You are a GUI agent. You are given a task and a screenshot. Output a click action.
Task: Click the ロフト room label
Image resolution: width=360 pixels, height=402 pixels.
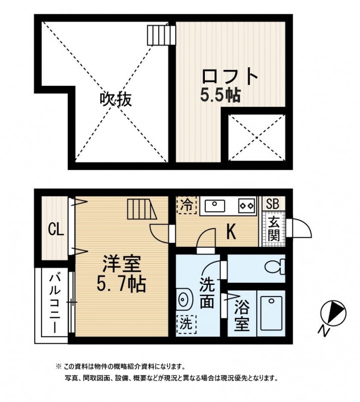pos(229,77)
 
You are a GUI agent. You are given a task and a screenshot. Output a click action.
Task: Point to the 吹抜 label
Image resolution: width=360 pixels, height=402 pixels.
pos(115,99)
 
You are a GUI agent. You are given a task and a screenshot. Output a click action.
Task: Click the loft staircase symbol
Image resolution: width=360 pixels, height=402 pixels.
pos(161,35)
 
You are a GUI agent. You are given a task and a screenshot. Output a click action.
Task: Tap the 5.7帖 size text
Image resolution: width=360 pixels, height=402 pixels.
pos(121,284)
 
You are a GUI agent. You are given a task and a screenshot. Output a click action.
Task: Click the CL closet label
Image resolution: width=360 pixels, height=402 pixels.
pos(55,230)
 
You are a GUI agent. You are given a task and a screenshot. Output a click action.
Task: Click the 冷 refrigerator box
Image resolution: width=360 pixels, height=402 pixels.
pos(186,205)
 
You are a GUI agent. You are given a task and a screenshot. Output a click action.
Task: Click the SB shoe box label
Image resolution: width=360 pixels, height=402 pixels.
pos(273,204)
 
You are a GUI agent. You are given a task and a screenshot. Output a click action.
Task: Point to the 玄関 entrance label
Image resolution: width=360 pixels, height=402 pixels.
pos(273,229)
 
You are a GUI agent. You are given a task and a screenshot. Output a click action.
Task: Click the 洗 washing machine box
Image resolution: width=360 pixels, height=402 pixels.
pos(186,322)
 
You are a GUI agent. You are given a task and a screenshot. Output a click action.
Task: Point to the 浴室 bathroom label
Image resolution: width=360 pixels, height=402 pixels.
pos(242,315)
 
